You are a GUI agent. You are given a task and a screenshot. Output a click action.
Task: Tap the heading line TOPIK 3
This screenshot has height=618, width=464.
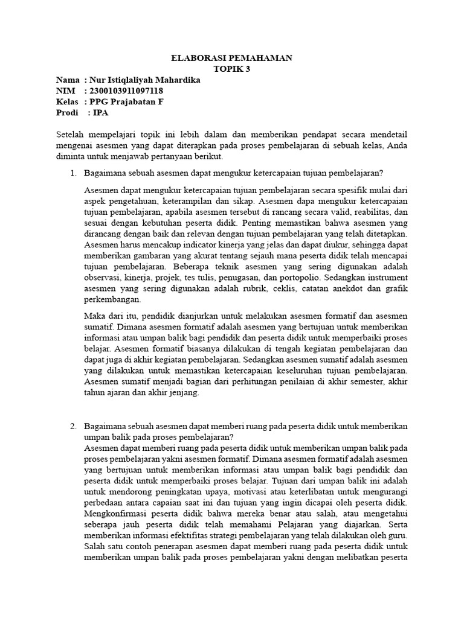click(x=231, y=69)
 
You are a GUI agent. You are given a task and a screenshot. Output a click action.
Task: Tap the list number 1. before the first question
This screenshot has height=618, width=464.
click(x=73, y=174)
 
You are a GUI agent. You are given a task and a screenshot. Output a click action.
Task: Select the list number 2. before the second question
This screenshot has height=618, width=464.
click(x=73, y=426)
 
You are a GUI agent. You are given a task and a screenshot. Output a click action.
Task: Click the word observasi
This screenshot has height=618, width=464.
click(x=103, y=277)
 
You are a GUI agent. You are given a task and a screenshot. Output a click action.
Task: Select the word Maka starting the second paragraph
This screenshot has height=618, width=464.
click(x=95, y=316)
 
